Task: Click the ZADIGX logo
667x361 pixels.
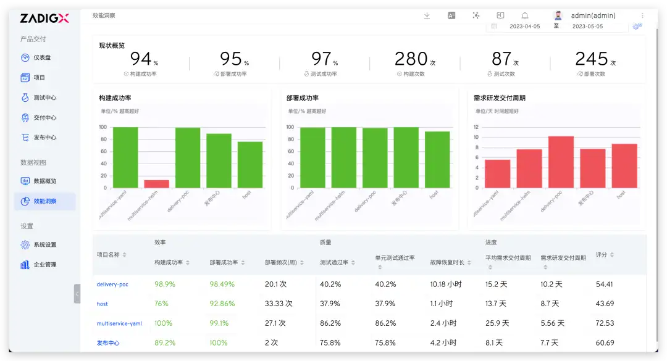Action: [x=44, y=18]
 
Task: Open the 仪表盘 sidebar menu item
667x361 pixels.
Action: [x=42, y=57]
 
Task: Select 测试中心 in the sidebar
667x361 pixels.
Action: [x=44, y=98]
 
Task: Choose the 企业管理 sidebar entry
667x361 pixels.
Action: [x=44, y=265]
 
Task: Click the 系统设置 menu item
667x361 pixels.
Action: [x=44, y=245]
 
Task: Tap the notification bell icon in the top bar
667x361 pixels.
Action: [x=525, y=15]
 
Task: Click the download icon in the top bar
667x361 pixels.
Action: [x=427, y=15]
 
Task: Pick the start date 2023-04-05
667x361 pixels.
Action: [x=524, y=27]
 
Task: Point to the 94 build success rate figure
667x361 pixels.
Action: [x=141, y=59]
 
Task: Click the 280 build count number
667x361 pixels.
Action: [x=411, y=59]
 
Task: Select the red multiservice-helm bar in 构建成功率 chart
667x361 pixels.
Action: [x=156, y=184]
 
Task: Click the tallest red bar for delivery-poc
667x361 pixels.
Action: [x=561, y=162]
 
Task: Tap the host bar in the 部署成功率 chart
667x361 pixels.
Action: [x=437, y=159]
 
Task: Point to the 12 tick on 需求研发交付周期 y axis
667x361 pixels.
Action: [x=476, y=127]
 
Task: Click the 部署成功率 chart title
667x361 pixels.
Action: [x=303, y=98]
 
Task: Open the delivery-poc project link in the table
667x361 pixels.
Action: [x=112, y=284]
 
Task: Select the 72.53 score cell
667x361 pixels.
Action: [x=605, y=323]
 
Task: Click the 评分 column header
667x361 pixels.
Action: [x=601, y=254]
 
